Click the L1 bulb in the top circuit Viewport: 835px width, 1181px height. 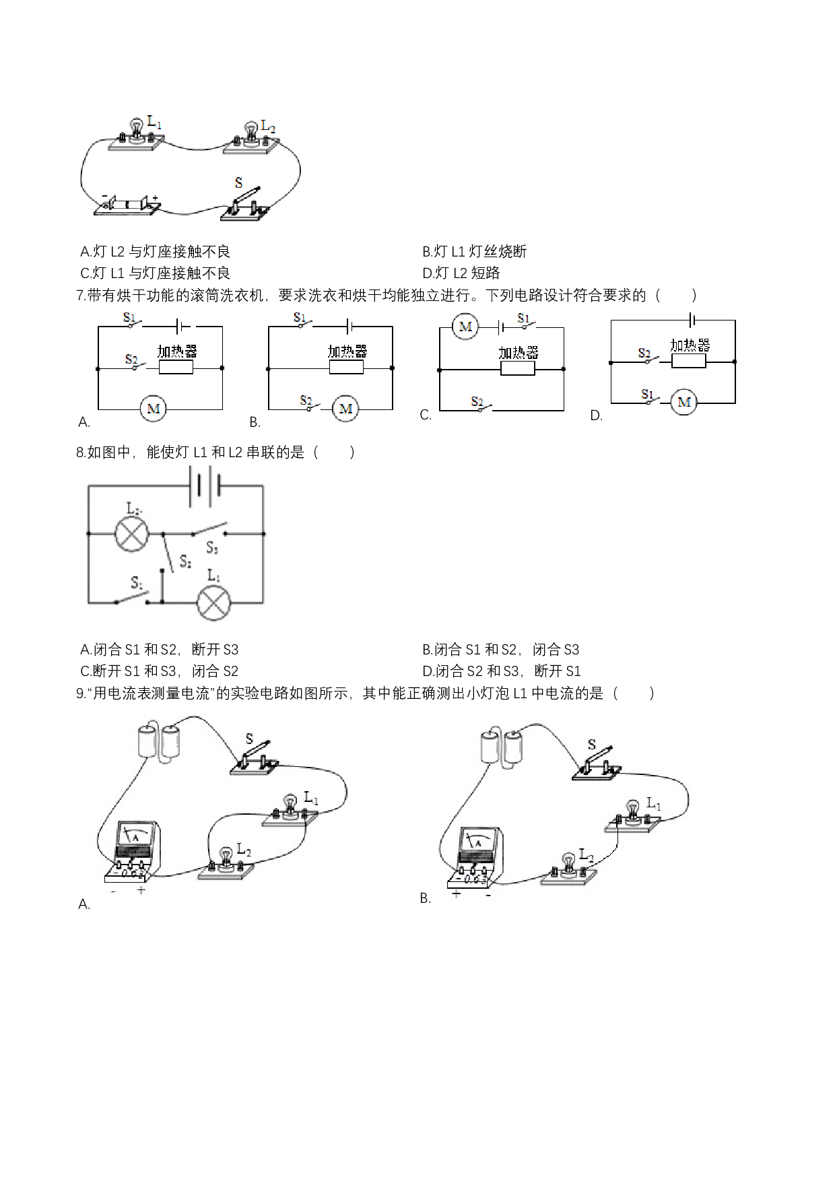[x=137, y=129]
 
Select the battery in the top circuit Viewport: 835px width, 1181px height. [x=128, y=204]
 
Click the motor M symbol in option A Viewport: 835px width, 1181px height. [x=154, y=409]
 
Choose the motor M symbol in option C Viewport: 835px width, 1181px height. [x=465, y=327]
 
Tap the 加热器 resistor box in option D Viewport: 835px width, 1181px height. [x=689, y=361]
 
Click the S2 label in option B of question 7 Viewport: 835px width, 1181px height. [x=306, y=401]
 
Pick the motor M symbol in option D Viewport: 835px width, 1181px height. [x=684, y=403]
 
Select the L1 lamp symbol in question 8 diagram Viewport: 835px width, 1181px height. [x=213, y=603]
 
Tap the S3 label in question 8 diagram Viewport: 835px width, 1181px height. [x=212, y=548]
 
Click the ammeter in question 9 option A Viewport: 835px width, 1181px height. [x=134, y=851]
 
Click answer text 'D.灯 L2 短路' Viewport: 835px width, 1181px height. [x=461, y=273]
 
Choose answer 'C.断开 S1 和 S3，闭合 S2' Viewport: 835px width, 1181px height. [x=159, y=671]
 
